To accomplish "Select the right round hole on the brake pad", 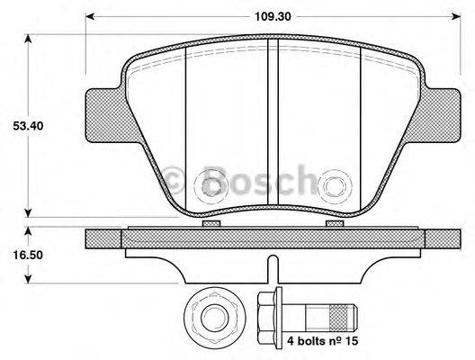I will (x=336, y=186).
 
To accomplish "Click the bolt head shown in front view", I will (x=213, y=318).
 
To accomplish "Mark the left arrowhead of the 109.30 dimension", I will (x=91, y=16).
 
